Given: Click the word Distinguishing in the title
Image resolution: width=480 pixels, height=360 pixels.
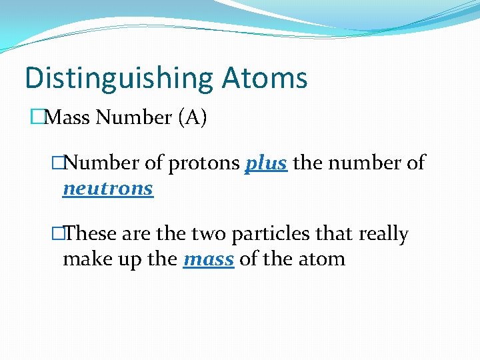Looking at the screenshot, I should point(118,78).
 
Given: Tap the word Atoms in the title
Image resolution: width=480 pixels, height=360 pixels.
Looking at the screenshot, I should point(265,78).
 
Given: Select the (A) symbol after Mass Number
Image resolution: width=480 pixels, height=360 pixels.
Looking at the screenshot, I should point(193,118).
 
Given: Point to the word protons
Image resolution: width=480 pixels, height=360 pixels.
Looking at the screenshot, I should point(207,163).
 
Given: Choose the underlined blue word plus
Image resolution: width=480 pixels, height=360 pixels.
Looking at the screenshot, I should point(267,163).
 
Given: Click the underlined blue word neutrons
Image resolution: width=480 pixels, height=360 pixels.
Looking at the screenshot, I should point(107,189).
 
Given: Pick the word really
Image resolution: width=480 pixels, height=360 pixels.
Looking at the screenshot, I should point(383,234).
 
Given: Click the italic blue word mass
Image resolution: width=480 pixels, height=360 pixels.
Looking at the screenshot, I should point(208,259).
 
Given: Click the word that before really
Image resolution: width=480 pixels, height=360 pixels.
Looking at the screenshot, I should point(334,234).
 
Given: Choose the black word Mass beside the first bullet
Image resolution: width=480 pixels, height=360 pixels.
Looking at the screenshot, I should point(69,118).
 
